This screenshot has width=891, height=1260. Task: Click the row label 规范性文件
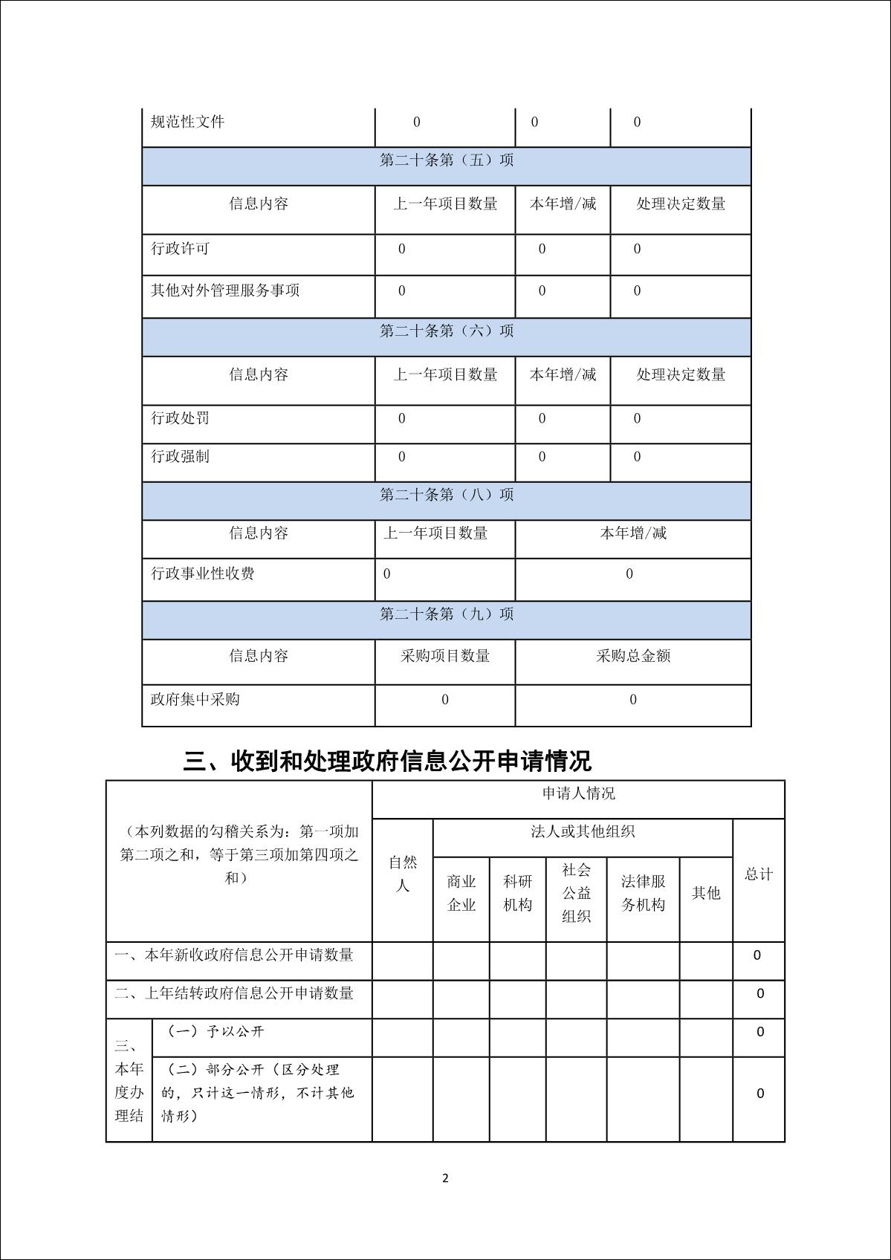(187, 122)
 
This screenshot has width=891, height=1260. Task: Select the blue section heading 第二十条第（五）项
(446, 160)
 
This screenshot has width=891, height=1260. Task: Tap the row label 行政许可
(181, 249)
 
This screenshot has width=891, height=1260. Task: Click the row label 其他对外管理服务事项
(225, 290)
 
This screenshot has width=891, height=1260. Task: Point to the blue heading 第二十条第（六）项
(446, 331)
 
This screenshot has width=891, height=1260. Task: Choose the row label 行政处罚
(181, 418)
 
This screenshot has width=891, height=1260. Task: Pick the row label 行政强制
(181, 456)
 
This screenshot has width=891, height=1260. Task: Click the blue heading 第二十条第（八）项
(446, 495)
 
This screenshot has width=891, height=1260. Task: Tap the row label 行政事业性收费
(203, 574)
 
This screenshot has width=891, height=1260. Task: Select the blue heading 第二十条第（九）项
(446, 614)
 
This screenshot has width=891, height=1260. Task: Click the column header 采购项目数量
(445, 656)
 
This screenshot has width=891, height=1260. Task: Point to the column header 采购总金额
(633, 656)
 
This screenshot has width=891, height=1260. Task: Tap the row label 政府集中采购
(195, 699)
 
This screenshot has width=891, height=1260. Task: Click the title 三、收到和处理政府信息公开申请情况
(387, 761)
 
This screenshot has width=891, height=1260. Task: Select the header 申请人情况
(578, 793)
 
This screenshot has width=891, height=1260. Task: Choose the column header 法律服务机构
(643, 893)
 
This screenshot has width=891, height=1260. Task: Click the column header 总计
(759, 874)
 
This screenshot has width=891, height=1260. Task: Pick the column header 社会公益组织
(576, 893)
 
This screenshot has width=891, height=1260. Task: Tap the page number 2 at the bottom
(445, 1178)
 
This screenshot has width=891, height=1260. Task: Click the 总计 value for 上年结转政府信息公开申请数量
(759, 993)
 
